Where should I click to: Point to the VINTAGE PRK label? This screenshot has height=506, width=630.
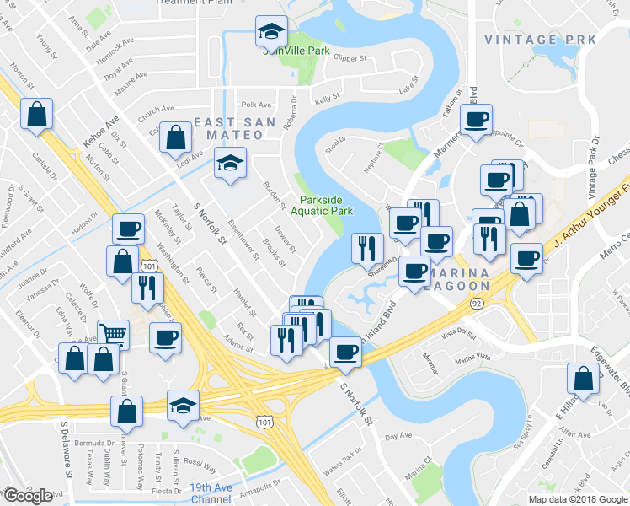pyautogui.click(x=540, y=40)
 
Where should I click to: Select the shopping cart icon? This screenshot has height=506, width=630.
pyautogui.click(x=113, y=332)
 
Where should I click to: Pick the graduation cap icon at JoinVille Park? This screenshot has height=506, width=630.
pyautogui.click(x=271, y=31)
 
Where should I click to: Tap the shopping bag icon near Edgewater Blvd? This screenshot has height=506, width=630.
pyautogui.click(x=583, y=378)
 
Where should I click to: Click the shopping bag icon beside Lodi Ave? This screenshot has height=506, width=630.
pyautogui.click(x=175, y=137)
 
